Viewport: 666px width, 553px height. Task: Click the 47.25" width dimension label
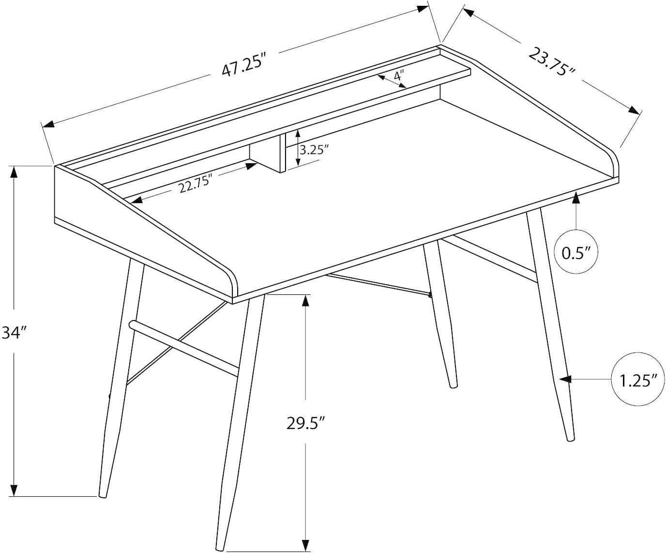[243, 67]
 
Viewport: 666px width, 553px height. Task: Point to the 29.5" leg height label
[305, 424]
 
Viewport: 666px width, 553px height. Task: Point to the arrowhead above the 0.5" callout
[576, 198]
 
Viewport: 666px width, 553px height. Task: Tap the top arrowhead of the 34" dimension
[14, 172]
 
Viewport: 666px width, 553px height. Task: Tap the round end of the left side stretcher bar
[132, 325]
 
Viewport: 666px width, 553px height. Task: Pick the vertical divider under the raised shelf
[283, 154]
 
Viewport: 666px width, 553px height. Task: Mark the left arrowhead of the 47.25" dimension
[48, 124]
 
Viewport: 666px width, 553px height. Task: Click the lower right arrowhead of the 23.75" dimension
[634, 110]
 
